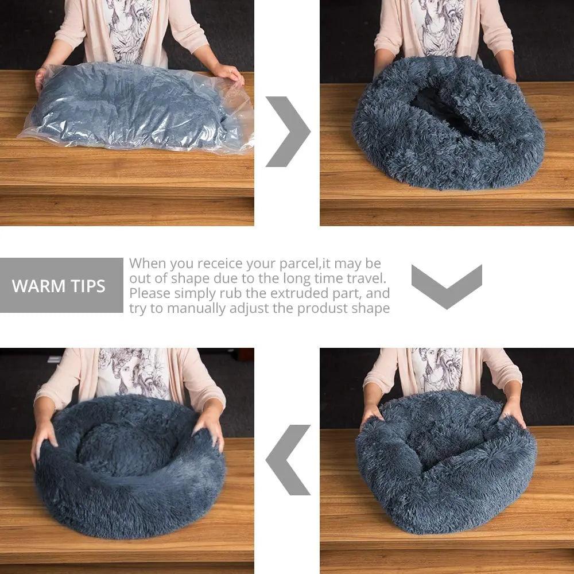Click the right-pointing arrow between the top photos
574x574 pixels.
pyautogui.click(x=287, y=131)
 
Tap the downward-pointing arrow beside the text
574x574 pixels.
pyautogui.click(x=447, y=285)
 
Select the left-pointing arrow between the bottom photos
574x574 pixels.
pyautogui.click(x=288, y=460)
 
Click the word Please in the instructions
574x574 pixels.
pyautogui.click(x=149, y=293)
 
